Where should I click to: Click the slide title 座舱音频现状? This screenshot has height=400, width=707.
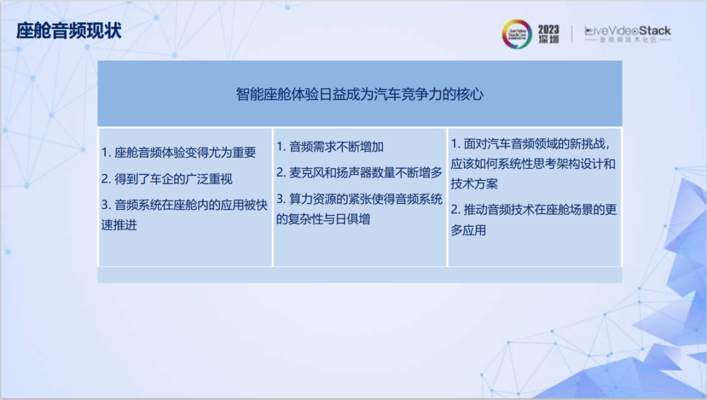point(69,31)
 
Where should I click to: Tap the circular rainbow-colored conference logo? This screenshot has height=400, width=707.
point(517,34)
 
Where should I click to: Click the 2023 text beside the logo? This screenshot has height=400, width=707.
point(549,29)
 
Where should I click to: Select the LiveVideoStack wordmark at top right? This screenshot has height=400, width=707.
point(627,31)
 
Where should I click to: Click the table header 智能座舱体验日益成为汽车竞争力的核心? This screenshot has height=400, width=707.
point(359,94)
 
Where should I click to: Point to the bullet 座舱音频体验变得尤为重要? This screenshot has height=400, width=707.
point(178,153)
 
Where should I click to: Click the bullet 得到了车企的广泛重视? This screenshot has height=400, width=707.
point(167,179)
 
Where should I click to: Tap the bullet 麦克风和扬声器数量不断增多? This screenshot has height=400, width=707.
point(359,173)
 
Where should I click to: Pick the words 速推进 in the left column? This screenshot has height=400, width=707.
point(119,225)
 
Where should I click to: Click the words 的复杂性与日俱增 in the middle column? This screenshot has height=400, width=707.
point(323,219)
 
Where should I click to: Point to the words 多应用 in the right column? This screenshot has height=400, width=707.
point(468,230)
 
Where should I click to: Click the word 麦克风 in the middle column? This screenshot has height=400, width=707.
point(306,173)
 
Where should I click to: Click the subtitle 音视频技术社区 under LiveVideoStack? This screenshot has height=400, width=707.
point(627,41)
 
